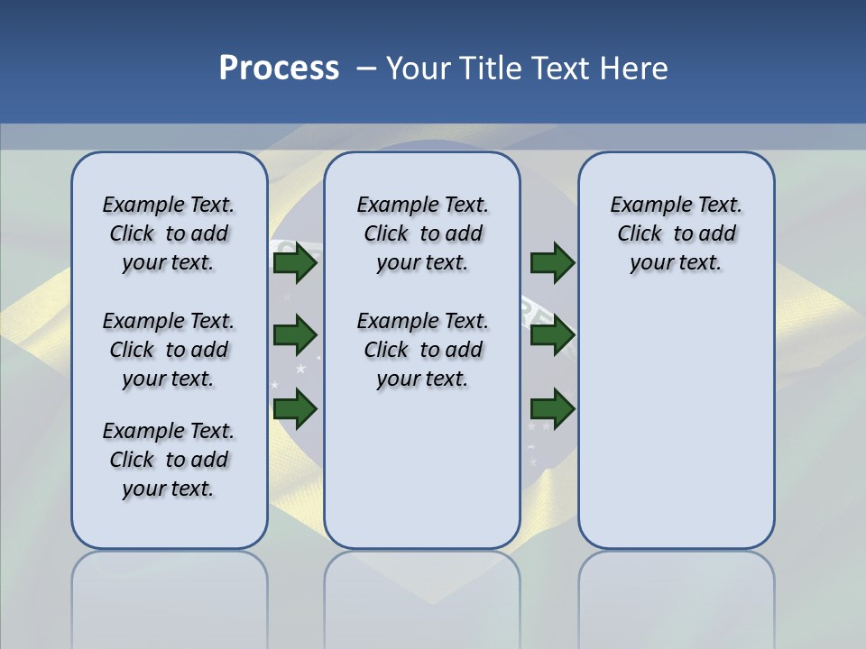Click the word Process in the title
coord(279,69)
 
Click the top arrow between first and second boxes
coord(295,263)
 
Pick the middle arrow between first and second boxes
coord(295,335)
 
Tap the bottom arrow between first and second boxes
coord(295,409)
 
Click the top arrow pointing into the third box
coord(553,263)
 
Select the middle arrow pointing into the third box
coord(553,335)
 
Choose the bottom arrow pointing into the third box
coord(553,409)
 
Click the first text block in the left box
coord(169,233)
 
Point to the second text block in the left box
coord(169,350)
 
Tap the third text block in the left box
coord(169,460)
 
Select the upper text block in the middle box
coord(422,233)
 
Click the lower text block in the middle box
coord(422,350)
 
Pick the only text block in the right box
coord(676,233)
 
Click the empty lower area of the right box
coord(676,424)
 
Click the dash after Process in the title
coord(367,69)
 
